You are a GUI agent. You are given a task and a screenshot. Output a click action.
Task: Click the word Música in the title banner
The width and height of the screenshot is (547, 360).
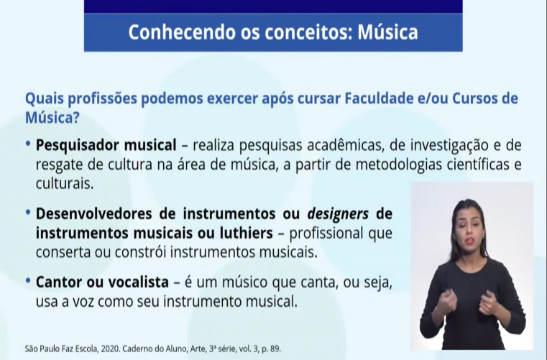click(387, 32)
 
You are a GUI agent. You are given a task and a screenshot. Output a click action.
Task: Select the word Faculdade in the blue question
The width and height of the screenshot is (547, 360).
click(379, 98)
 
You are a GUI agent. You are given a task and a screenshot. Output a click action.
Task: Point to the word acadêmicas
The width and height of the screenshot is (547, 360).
click(345, 145)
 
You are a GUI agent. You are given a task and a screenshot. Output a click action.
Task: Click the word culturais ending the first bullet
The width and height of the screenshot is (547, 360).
click(65, 183)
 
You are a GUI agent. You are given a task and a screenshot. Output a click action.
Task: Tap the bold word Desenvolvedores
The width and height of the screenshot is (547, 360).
click(93, 213)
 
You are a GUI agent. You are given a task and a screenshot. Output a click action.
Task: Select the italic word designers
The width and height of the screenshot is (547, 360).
click(337, 214)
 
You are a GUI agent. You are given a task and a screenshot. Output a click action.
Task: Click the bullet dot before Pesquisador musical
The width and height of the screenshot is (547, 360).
click(28, 144)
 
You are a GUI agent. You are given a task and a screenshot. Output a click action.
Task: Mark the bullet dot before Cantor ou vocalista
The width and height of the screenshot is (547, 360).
click(28, 280)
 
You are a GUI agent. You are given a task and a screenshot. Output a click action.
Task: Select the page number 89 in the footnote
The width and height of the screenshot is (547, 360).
click(275, 349)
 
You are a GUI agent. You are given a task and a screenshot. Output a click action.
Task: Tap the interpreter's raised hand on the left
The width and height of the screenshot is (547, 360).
click(444, 301)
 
